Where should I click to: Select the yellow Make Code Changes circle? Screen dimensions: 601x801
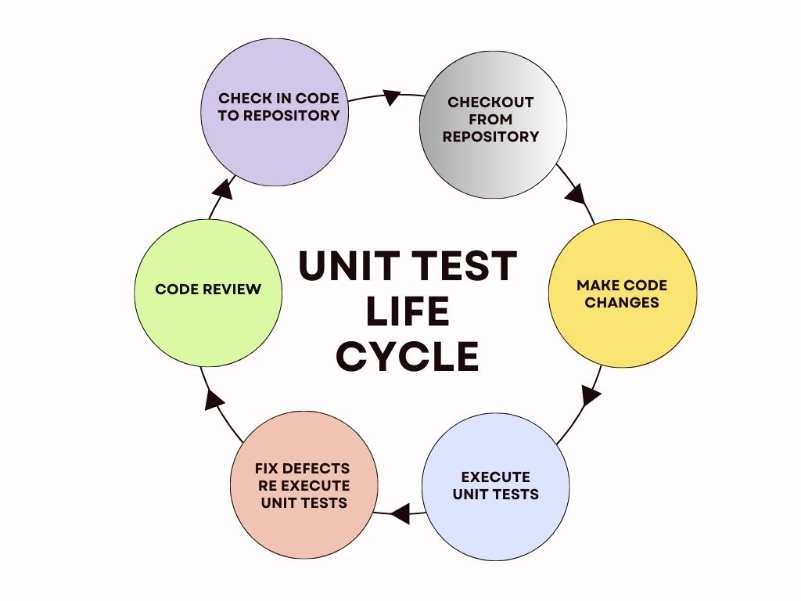coord(623,294)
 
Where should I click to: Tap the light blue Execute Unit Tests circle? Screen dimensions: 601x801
coord(495,486)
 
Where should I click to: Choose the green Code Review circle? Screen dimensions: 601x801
coord(208,290)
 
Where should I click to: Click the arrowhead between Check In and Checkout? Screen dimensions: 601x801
coord(392,98)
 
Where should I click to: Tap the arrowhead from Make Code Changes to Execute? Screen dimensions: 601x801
coord(591,394)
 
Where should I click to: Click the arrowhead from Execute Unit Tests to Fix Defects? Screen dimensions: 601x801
coord(400,513)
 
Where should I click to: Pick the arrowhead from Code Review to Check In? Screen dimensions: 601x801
coord(224,189)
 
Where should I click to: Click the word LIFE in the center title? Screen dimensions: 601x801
coord(408,311)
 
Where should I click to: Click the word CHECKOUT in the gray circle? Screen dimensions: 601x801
coord(490,103)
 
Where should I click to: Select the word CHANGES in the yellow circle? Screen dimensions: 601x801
coord(622,303)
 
